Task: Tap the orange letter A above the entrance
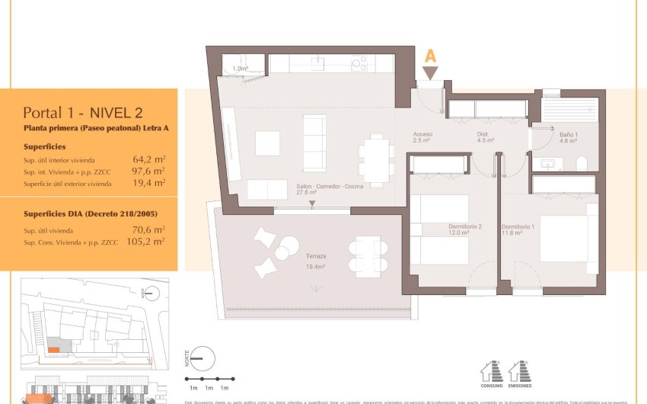430,56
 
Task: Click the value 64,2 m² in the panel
149,160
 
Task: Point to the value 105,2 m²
147,242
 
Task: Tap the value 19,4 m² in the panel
149,184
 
